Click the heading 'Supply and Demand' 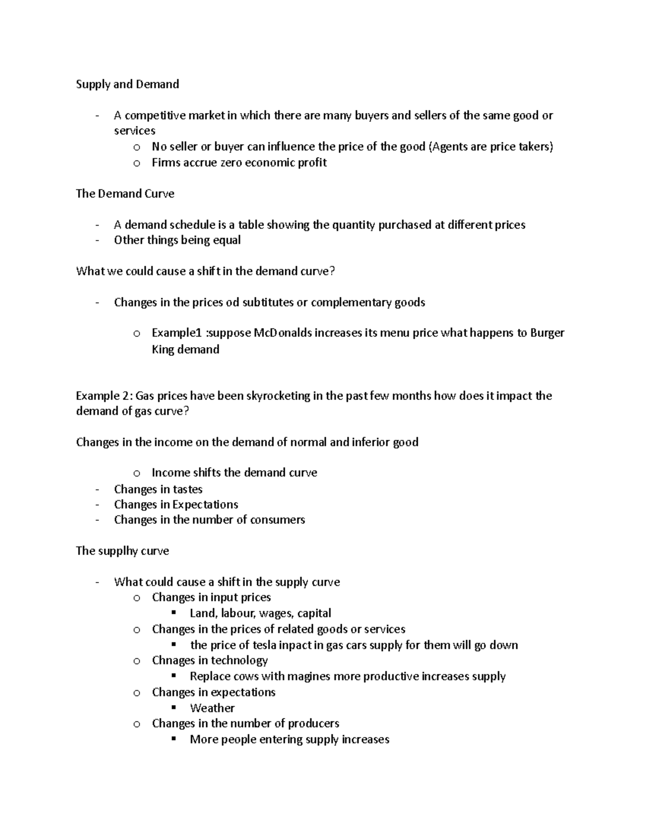pyautogui.click(x=127, y=85)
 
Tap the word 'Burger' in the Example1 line pyautogui.click(x=547, y=333)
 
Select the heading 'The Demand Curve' pyautogui.click(x=125, y=194)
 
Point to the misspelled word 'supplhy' pyautogui.click(x=117, y=551)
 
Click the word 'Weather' pyautogui.click(x=212, y=708)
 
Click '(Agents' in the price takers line pyautogui.click(x=448, y=146)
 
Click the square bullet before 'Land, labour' pyautogui.click(x=173, y=613)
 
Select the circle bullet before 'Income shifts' pyautogui.click(x=137, y=473)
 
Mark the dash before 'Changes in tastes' pyautogui.click(x=97, y=490)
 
